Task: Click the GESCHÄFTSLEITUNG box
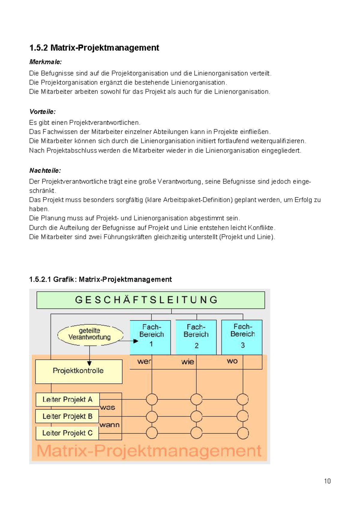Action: pos(151,300)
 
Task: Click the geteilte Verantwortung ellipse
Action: pos(90,335)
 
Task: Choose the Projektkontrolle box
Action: pos(79,371)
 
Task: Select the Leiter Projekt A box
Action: pos(67,399)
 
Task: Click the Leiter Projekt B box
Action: pos(67,416)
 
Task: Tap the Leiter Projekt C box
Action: pos(67,433)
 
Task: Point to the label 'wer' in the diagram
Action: pos(144,361)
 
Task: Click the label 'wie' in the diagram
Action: pos(187,362)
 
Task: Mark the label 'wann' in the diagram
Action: pos(109,425)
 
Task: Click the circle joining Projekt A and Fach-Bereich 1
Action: pos(152,399)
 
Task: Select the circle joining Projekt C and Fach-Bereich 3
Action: pos(243,433)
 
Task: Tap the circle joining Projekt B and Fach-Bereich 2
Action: pos(196,416)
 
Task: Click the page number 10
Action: pos(327,481)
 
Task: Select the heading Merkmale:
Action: pos(45,62)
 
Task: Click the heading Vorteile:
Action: pos(42,112)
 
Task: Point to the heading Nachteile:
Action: pos(45,171)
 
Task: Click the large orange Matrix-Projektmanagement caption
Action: pos(149,451)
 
